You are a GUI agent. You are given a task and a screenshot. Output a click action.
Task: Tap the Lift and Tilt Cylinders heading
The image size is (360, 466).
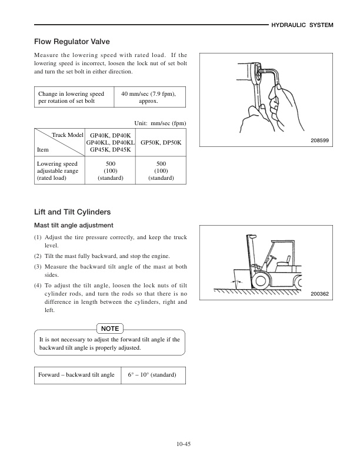click(73, 212)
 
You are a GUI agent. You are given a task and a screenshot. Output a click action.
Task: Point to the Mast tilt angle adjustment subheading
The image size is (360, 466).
click(74, 225)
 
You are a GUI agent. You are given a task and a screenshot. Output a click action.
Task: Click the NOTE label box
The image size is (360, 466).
click(110, 328)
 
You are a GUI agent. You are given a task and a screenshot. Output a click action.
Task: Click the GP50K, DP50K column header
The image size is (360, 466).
click(161, 143)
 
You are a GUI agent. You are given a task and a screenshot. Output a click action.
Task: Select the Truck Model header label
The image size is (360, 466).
click(68, 135)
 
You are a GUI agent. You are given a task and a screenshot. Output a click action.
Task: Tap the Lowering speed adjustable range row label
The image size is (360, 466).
click(58, 170)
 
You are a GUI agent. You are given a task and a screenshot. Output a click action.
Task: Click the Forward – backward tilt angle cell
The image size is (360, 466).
click(76, 375)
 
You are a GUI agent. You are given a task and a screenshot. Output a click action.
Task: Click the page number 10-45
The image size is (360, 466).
click(183, 444)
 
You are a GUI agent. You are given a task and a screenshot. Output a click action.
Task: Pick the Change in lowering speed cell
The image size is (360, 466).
click(71, 98)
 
